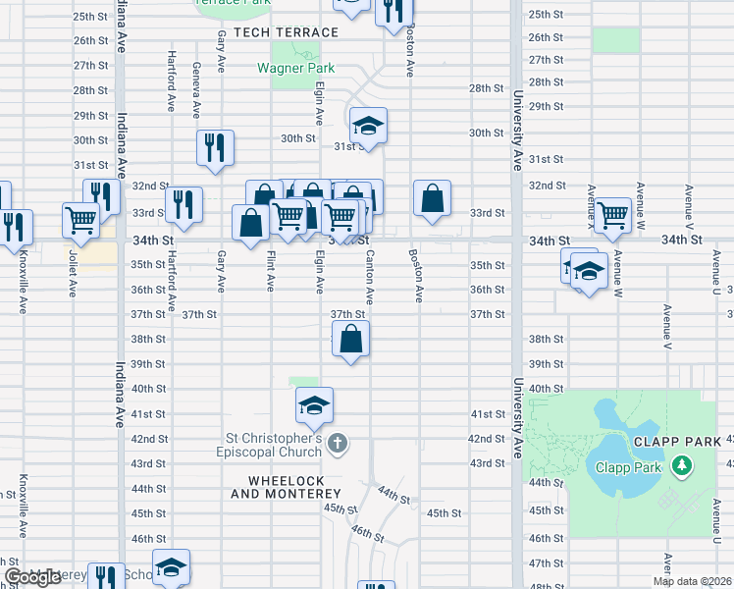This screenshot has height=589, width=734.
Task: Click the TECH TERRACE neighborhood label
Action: coord(279,32)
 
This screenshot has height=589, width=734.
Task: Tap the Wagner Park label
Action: coord(295,69)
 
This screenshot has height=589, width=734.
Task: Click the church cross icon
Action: coord(338,444)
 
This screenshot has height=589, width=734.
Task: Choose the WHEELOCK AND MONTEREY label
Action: coord(285,487)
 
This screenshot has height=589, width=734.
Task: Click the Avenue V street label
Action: coord(666,327)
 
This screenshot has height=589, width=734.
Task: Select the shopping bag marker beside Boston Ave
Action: coord(432,199)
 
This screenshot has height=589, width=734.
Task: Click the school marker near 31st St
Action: coord(368,127)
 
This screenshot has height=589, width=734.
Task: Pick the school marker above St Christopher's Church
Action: coord(314,405)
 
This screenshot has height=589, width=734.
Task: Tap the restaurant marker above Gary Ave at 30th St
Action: coord(215,148)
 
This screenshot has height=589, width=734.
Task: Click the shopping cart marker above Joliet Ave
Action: coord(80,220)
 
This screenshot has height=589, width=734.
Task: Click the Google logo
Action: coord(32,577)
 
